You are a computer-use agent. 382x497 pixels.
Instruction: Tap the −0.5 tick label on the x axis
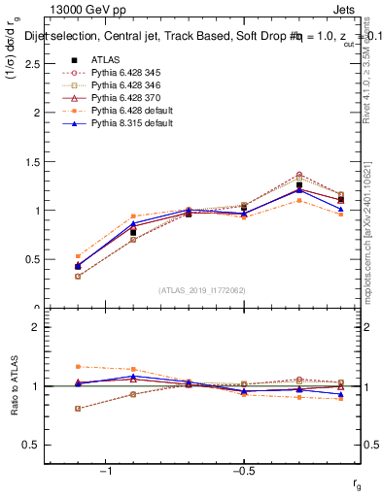(242, 471)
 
